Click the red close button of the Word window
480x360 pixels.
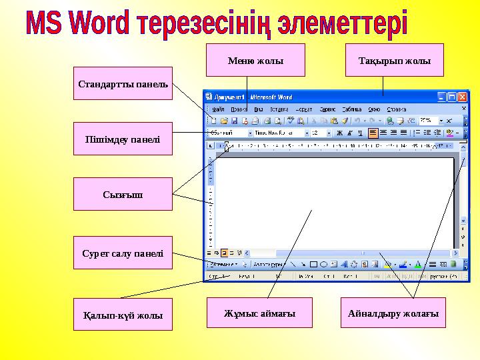tap(462, 97)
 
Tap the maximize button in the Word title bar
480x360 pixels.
tap(451, 97)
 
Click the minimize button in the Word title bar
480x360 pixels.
tap(441, 97)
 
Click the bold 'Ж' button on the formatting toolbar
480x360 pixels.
tap(339, 133)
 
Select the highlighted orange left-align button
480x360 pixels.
tap(373, 133)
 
